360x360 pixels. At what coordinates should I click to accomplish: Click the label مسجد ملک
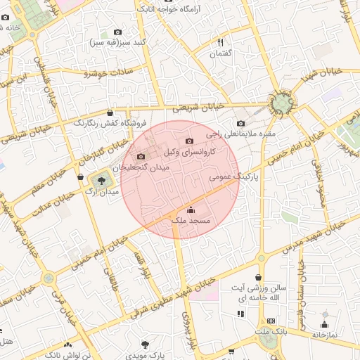[x=191, y=221]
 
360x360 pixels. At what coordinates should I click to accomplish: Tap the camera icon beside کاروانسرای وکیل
[x=188, y=141]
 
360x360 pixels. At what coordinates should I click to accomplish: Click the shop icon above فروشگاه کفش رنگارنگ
[x=110, y=112]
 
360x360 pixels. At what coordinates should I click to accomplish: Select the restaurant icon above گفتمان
[x=220, y=43]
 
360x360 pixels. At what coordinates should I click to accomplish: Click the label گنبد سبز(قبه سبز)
[x=117, y=42]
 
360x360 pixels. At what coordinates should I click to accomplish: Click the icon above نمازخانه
[x=324, y=324]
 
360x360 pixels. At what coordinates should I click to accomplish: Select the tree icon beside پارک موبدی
[x=145, y=345]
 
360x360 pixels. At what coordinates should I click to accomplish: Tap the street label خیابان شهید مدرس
[x=315, y=236]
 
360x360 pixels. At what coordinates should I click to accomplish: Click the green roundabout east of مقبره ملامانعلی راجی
[x=283, y=104]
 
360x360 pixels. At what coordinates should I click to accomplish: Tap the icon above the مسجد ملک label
[x=191, y=210]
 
